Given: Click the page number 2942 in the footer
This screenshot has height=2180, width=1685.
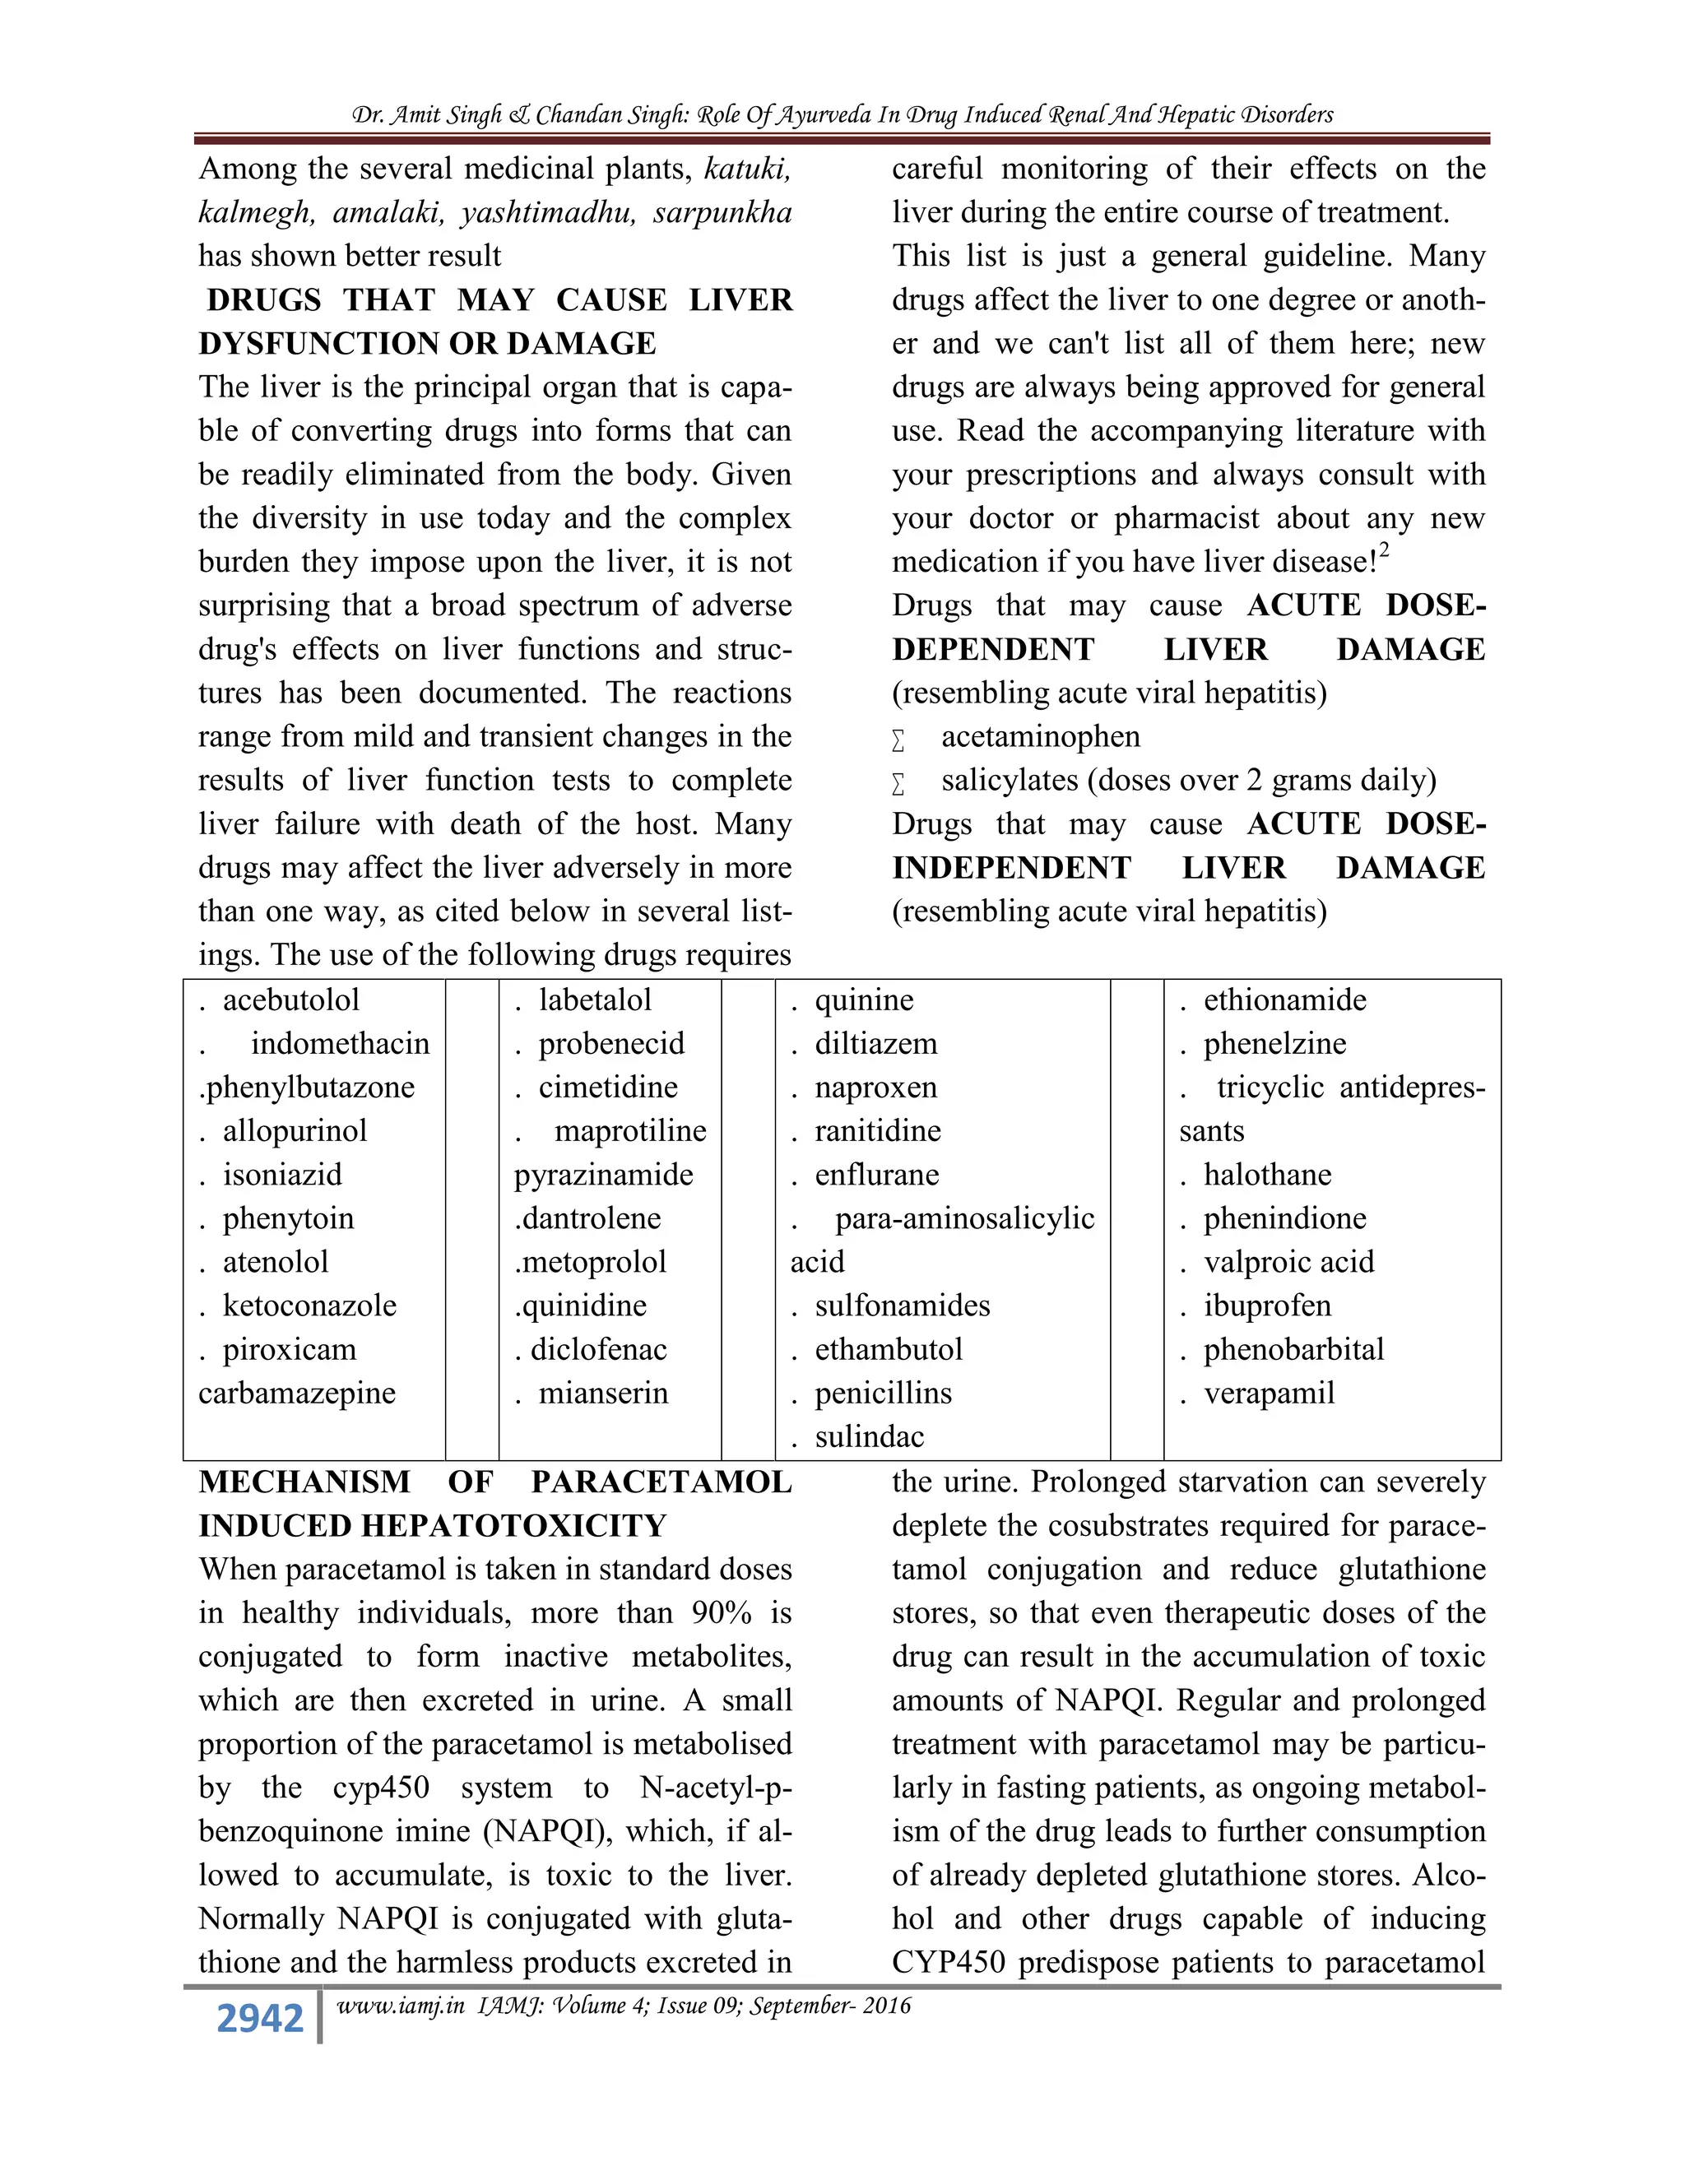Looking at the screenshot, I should (x=259, y=2017).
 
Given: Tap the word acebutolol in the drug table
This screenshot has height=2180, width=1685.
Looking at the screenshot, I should (x=290, y=1000).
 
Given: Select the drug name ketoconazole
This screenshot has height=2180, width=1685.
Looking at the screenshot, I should (x=309, y=1306).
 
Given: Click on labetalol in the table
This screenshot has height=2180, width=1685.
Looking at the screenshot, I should (x=595, y=1000).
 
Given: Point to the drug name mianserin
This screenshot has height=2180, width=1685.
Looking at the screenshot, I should (x=603, y=1394).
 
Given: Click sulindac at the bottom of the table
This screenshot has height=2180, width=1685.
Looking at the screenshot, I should (x=870, y=1437).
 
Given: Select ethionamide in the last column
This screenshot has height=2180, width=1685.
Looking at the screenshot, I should (x=1284, y=1000).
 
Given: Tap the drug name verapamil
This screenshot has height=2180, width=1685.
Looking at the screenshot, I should (x=1269, y=1394).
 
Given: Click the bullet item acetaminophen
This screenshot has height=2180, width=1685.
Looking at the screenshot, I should (x=1040, y=736).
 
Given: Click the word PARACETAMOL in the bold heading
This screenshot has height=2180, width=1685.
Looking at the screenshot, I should (x=661, y=1482).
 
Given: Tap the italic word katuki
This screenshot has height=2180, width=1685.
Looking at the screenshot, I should (x=747, y=169).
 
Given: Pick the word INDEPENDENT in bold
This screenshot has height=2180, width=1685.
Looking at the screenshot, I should (x=1011, y=869).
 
